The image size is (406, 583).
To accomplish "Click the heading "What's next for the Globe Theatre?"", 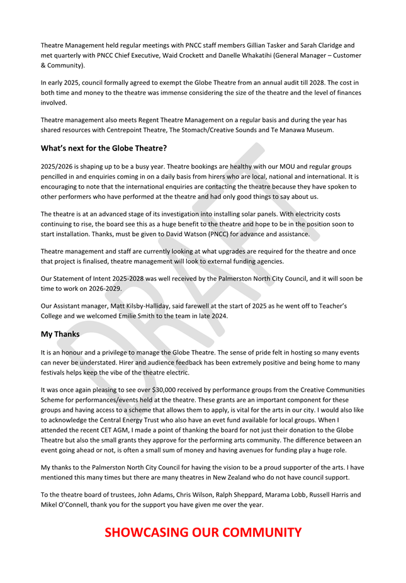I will (104, 148).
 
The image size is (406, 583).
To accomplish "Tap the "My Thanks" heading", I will (60, 334).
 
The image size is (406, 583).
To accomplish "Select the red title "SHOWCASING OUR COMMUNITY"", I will (203, 532).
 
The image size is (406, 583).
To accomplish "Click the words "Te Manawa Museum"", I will (303, 130).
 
